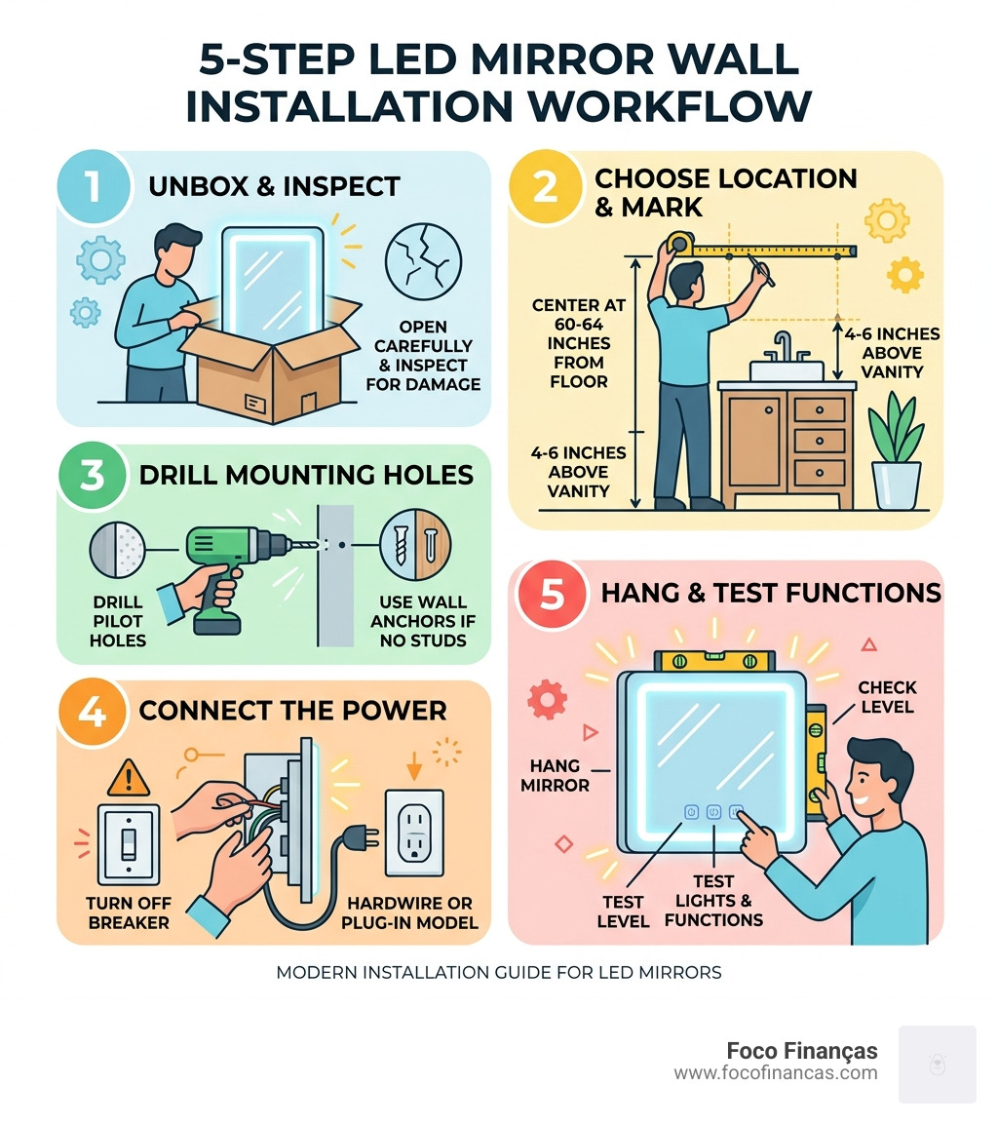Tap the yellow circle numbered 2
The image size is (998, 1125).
click(545, 187)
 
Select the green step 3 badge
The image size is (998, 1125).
click(93, 478)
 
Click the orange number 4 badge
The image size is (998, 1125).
click(94, 713)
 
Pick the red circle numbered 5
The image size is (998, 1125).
click(551, 595)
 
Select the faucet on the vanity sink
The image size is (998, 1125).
click(783, 348)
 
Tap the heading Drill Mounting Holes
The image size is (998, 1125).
click(306, 476)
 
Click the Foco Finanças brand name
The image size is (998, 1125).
click(801, 1051)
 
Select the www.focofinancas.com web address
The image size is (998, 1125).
click(775, 1073)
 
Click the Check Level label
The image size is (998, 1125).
click(886, 696)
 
